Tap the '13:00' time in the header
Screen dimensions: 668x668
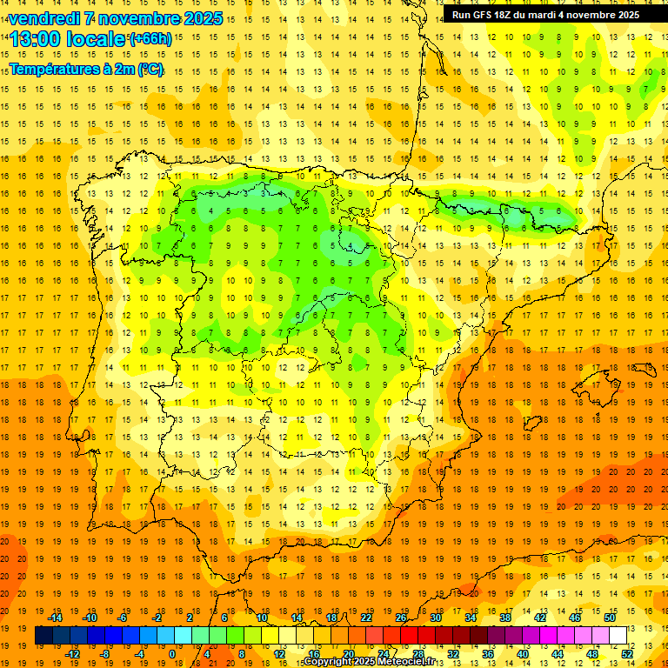[x=35, y=39]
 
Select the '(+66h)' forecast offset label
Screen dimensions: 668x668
[x=150, y=39]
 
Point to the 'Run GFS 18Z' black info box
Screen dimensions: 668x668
[x=545, y=14]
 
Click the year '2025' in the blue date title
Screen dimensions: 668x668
[x=199, y=18]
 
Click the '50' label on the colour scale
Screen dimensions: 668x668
[x=610, y=618]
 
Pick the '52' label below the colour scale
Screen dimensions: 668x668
[x=627, y=654]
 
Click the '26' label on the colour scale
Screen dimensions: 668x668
[x=401, y=618]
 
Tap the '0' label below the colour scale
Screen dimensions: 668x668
[x=172, y=654]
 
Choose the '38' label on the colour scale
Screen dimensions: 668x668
[x=505, y=618]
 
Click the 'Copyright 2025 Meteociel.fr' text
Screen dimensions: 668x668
[x=369, y=662]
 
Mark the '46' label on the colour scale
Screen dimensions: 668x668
[x=575, y=618]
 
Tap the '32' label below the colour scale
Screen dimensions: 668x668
[x=453, y=654]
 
